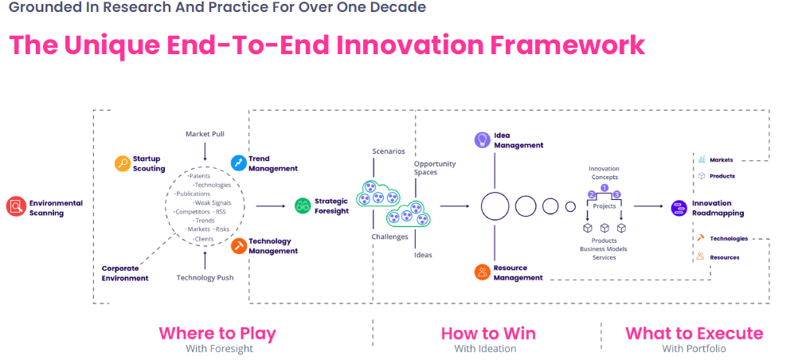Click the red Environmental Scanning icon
point(16,207)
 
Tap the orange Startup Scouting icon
point(122,163)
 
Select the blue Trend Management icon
point(238,163)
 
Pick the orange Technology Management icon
point(238,246)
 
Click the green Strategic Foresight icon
point(303,206)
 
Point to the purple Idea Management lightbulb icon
point(482,140)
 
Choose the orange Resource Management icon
point(482,272)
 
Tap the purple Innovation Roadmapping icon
point(679,207)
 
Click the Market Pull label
point(205,134)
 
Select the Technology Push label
point(205,278)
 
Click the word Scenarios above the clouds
point(389,151)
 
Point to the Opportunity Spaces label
point(434,168)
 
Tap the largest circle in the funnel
point(495,206)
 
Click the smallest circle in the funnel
point(570,207)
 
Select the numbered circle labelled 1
point(604,188)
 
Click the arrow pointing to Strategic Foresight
point(271,206)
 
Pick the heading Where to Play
point(217,333)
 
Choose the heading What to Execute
point(694,333)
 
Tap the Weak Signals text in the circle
point(213,202)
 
